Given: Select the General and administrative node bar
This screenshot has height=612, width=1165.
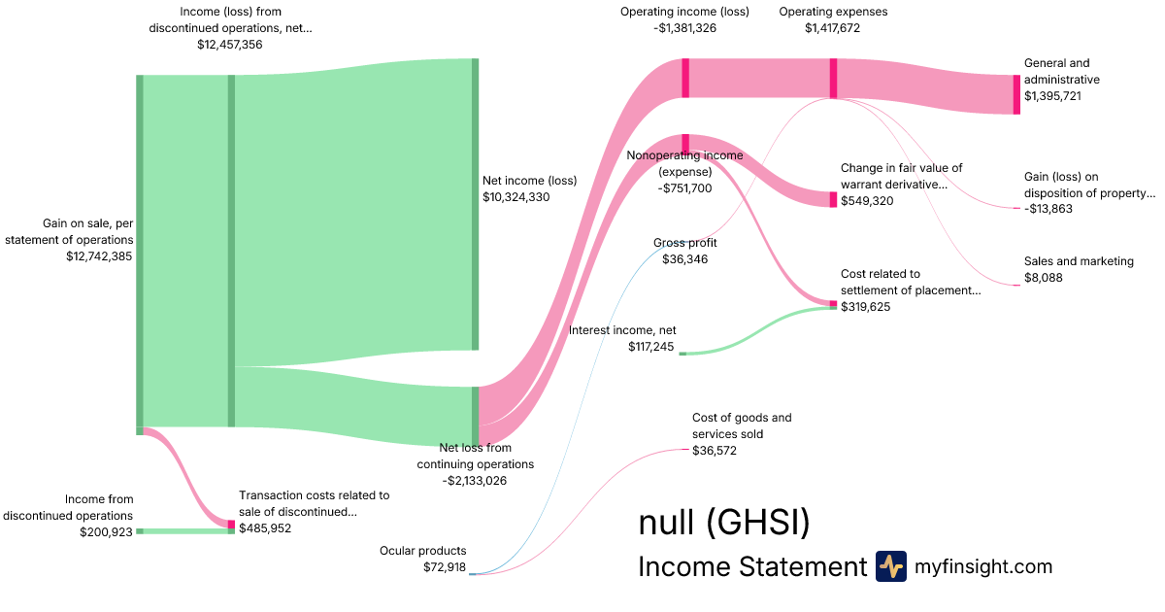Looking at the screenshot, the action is (1016, 94).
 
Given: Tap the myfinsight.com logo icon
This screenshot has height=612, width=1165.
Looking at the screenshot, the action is (890, 566).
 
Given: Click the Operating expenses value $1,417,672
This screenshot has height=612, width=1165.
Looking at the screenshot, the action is (832, 28).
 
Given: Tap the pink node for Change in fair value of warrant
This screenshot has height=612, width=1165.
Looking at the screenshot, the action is (832, 199).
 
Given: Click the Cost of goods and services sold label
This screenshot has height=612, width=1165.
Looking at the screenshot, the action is (742, 425).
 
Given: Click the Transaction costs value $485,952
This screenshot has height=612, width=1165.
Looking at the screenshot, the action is (265, 528).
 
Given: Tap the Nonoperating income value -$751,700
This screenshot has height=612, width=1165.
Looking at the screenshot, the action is (683, 188).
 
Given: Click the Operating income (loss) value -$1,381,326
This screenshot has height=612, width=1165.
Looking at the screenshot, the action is (684, 28).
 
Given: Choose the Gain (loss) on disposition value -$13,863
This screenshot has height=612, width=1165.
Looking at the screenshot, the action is (1048, 209).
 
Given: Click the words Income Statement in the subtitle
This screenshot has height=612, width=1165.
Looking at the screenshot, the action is (751, 567).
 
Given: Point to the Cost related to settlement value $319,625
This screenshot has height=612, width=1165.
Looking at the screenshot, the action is (867, 307).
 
